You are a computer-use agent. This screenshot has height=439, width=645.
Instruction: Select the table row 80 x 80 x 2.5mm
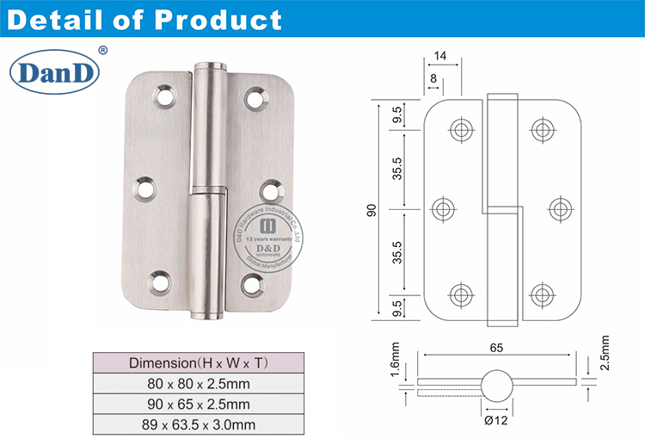(x=198, y=382)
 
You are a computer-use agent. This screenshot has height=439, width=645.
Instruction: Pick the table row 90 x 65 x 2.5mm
(x=198, y=403)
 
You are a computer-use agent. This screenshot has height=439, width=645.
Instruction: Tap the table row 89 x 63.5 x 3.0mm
(x=198, y=424)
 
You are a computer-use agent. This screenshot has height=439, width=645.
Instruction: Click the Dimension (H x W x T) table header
(x=198, y=362)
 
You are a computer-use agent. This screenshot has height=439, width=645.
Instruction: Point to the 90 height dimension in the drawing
(x=372, y=209)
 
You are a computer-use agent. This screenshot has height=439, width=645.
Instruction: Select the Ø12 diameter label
(x=498, y=421)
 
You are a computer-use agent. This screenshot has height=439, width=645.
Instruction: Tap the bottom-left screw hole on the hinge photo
(x=160, y=280)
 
